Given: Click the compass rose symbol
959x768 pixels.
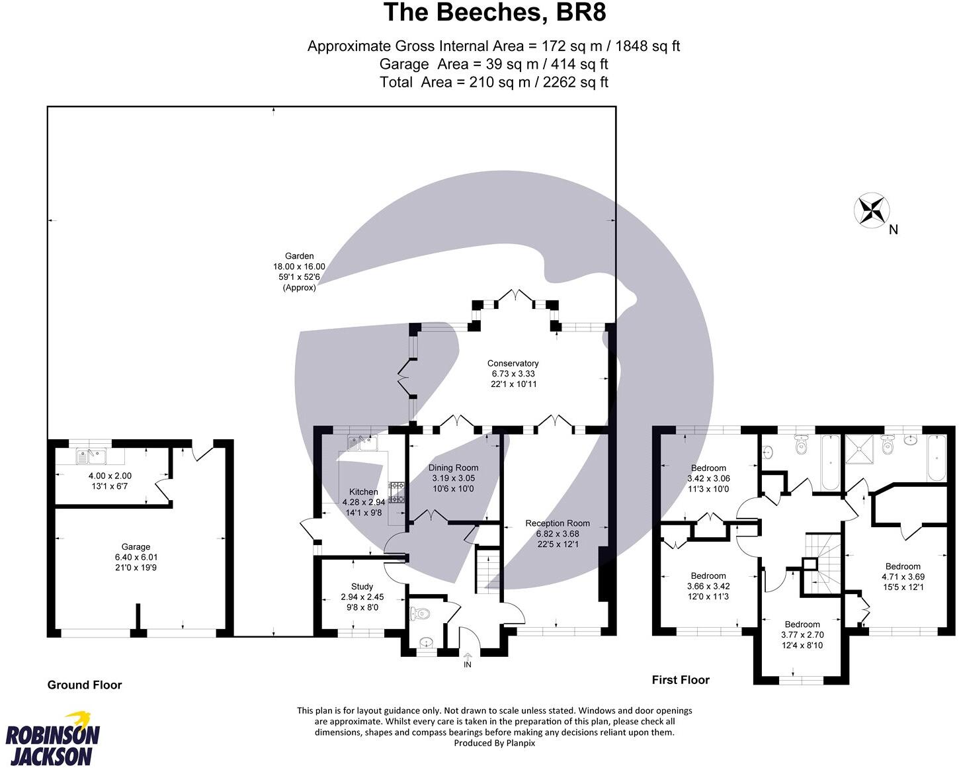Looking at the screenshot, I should pos(871,211).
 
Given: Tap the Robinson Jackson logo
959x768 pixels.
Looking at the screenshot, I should pos(52,738).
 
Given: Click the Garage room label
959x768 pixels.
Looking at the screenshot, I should pos(136,547).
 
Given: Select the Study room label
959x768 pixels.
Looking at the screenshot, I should pos(362,587).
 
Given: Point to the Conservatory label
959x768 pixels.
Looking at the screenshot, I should pos(513,363).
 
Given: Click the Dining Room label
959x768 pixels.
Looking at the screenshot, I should pos(453,468).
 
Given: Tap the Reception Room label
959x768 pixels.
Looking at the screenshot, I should pos(557,523).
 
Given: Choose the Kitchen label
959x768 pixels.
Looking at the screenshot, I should pos(363,492).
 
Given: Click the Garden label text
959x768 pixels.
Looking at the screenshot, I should pos(299,256).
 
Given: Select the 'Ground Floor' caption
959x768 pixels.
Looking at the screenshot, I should pos(85,685).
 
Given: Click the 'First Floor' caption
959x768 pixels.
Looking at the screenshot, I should pos(681,680).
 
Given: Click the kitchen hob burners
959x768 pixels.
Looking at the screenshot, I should pos(397,492).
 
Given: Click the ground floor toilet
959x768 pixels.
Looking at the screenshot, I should pos(419,614).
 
